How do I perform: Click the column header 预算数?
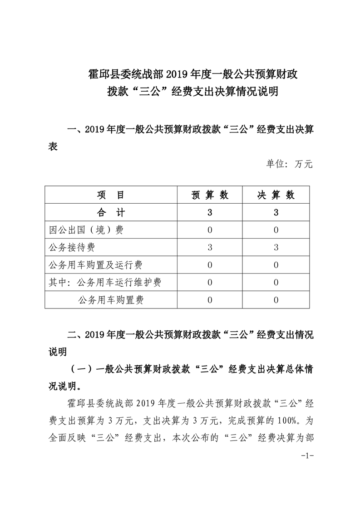pyautogui.click(x=210, y=195)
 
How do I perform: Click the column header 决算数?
pyautogui.click(x=276, y=195)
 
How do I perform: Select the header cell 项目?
pyautogui.click(x=111, y=195)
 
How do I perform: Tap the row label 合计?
pyautogui.click(x=111, y=213)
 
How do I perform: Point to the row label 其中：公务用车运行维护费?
pyautogui.click(x=105, y=282)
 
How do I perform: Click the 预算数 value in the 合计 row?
pyautogui.click(x=210, y=213)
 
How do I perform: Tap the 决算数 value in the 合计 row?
pyautogui.click(x=276, y=213)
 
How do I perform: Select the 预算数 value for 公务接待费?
pyautogui.click(x=210, y=247)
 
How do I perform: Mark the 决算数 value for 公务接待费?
pyautogui.click(x=276, y=247)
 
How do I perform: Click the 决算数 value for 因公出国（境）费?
pyautogui.click(x=276, y=230)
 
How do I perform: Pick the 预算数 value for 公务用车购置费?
pyautogui.click(x=210, y=300)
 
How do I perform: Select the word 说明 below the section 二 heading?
pyautogui.click(x=58, y=352)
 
